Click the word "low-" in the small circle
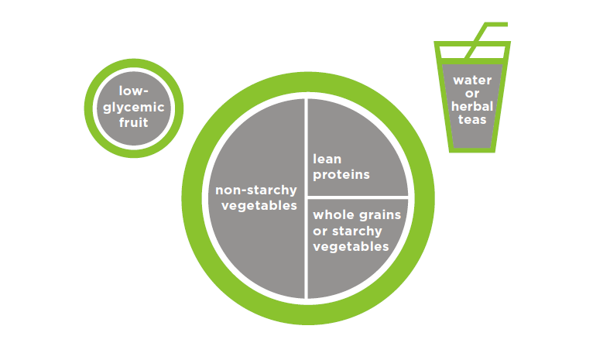(133, 91)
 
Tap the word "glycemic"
(133, 108)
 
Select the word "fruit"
(133, 122)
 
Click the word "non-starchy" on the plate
(256, 190)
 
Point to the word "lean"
(327, 159)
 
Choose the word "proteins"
(341, 175)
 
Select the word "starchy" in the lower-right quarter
(357, 231)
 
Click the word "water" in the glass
(472, 81)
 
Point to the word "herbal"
(472, 106)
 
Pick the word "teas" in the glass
(472, 120)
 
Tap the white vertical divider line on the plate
(307, 198)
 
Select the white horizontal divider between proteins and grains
(358, 197)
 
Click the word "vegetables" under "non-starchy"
(259, 205)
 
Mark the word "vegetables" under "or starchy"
(351, 247)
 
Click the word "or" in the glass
(472, 94)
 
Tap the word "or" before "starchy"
(320, 231)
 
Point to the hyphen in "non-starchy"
(244, 190)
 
